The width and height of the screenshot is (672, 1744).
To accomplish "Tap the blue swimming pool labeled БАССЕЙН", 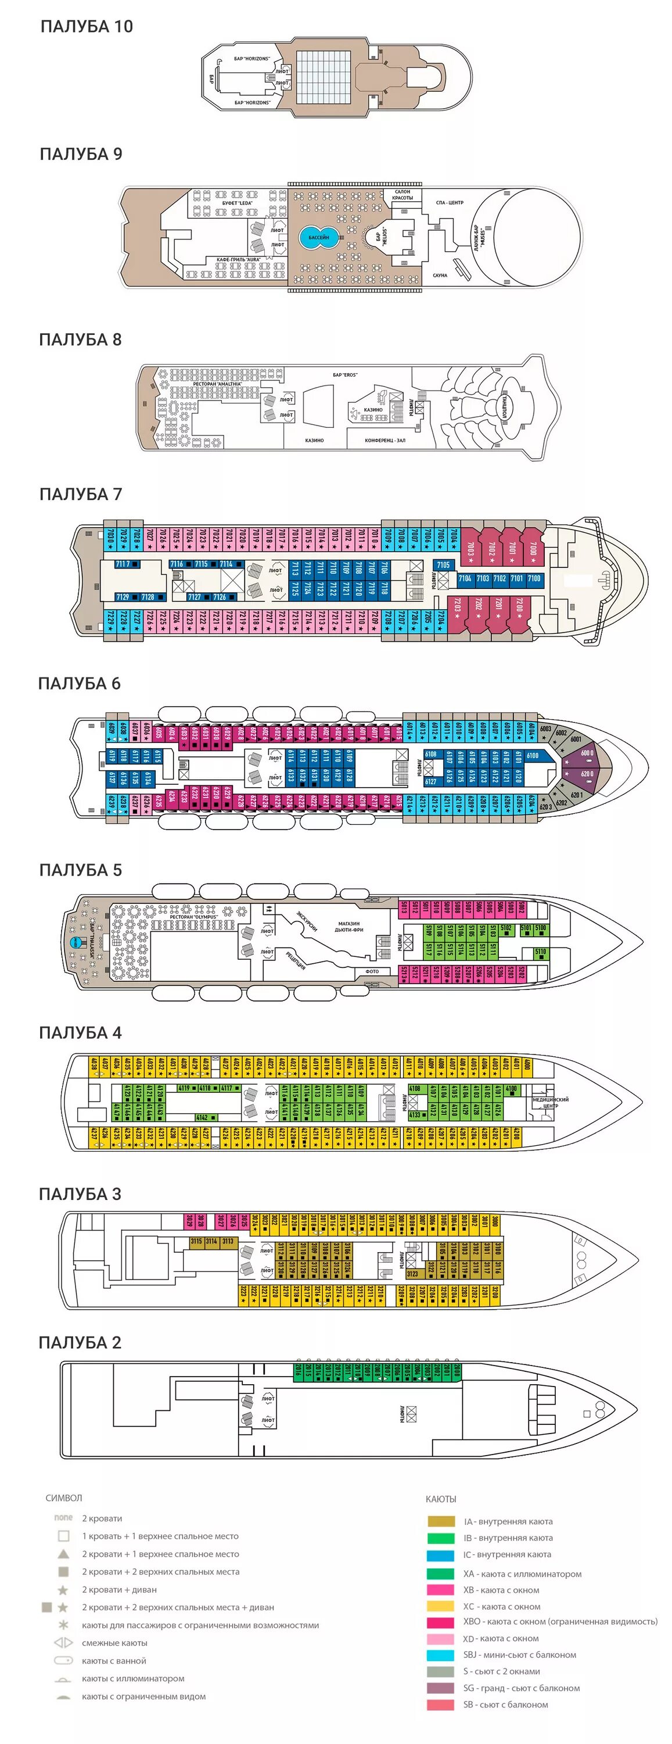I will [318, 238].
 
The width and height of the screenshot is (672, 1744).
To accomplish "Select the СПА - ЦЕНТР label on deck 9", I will [450, 202].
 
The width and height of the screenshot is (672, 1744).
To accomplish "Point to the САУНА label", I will [440, 276].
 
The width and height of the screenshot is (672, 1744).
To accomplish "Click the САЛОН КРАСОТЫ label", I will [403, 195].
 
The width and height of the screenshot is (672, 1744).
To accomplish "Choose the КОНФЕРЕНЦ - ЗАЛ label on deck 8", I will [385, 441].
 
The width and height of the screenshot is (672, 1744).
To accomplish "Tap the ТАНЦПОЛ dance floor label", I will [505, 404].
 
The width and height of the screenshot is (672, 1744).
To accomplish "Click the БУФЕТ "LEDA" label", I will [237, 203].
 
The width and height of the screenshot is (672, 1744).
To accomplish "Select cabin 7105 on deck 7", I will [443, 564].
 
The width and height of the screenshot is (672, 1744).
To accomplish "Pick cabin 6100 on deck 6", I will [533, 756].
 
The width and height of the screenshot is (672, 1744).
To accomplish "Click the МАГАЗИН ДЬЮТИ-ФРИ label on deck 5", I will [349, 926].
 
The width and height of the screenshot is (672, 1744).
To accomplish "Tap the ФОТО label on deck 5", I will [372, 971].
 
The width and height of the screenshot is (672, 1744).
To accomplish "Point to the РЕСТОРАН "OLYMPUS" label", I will [193, 917].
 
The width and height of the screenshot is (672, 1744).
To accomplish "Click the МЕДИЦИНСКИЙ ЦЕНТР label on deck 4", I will [550, 1102].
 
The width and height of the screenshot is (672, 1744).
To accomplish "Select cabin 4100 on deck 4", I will [512, 1089].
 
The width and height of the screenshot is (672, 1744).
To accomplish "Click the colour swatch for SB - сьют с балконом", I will [440, 1704].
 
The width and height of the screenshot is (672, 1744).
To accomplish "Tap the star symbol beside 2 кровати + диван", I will [63, 1589].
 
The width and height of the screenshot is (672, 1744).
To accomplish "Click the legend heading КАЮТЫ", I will [441, 1499].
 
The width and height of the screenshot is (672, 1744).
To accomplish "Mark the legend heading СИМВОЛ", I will [64, 1498].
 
